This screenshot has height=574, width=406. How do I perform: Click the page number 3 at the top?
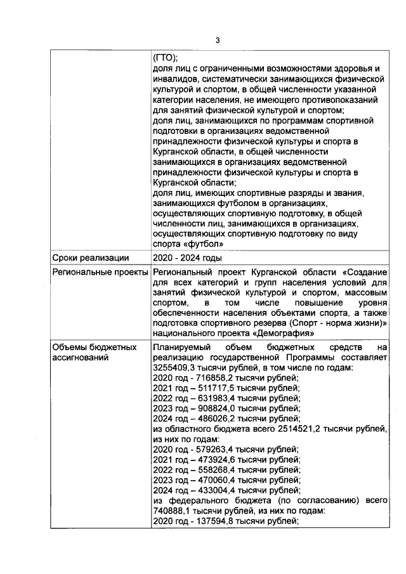(217, 41)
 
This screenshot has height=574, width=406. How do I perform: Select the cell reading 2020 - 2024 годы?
(188, 258)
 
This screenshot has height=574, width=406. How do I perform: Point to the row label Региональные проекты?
(96, 272)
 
